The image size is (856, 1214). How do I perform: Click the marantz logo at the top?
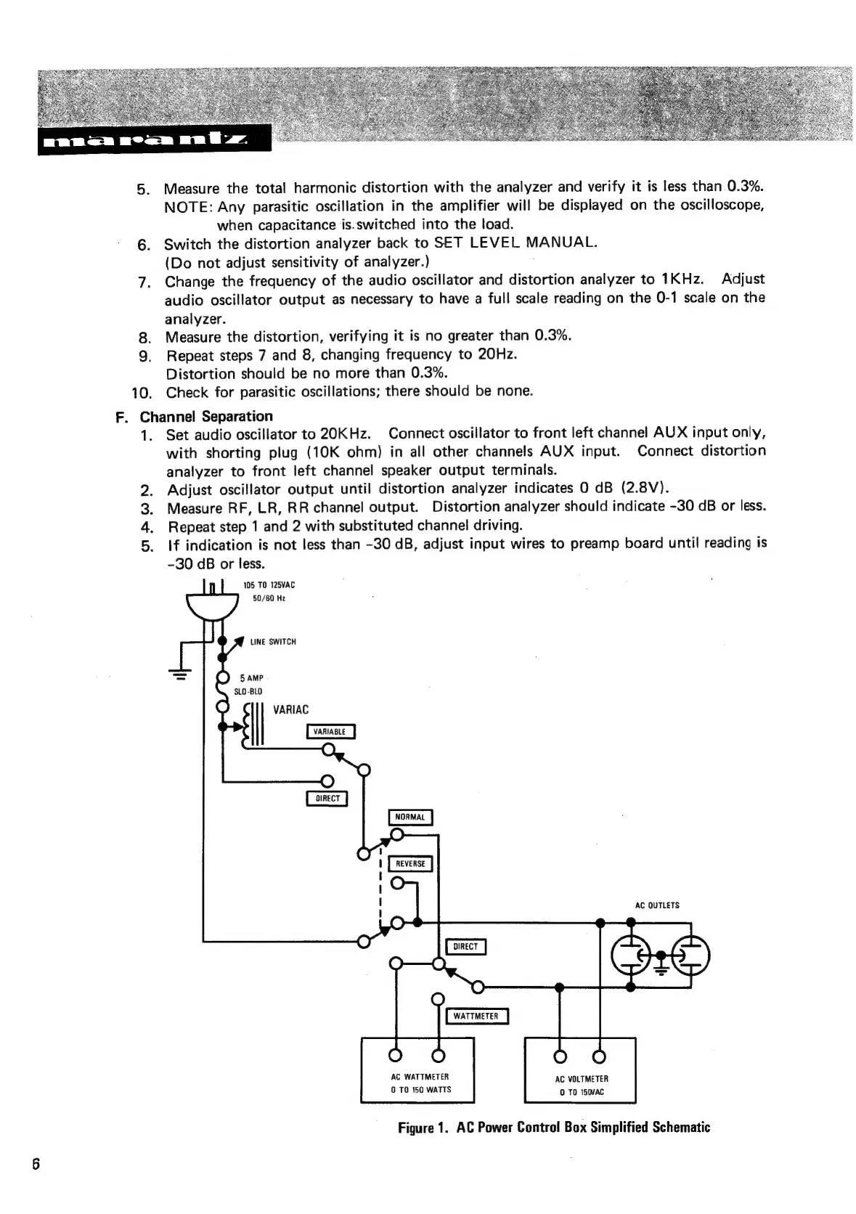click(154, 139)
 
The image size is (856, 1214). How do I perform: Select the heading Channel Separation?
click(206, 416)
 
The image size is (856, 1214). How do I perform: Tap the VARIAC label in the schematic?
click(290, 709)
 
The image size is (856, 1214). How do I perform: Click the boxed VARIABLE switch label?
click(330, 732)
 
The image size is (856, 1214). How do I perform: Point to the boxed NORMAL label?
click(410, 818)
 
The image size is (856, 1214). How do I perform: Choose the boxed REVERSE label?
click(410, 864)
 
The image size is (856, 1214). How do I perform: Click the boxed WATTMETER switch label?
click(476, 1016)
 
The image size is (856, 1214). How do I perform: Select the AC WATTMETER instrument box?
click(417, 1070)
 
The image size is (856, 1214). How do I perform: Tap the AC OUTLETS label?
click(657, 905)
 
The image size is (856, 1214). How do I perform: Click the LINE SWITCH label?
click(273, 642)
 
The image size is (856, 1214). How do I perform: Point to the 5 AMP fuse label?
click(251, 678)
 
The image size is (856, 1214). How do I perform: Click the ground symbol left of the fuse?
click(179, 674)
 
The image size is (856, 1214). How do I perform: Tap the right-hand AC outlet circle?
click(691, 956)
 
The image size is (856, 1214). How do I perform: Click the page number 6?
click(35, 1162)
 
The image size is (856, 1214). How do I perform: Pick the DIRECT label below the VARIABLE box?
click(327, 799)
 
